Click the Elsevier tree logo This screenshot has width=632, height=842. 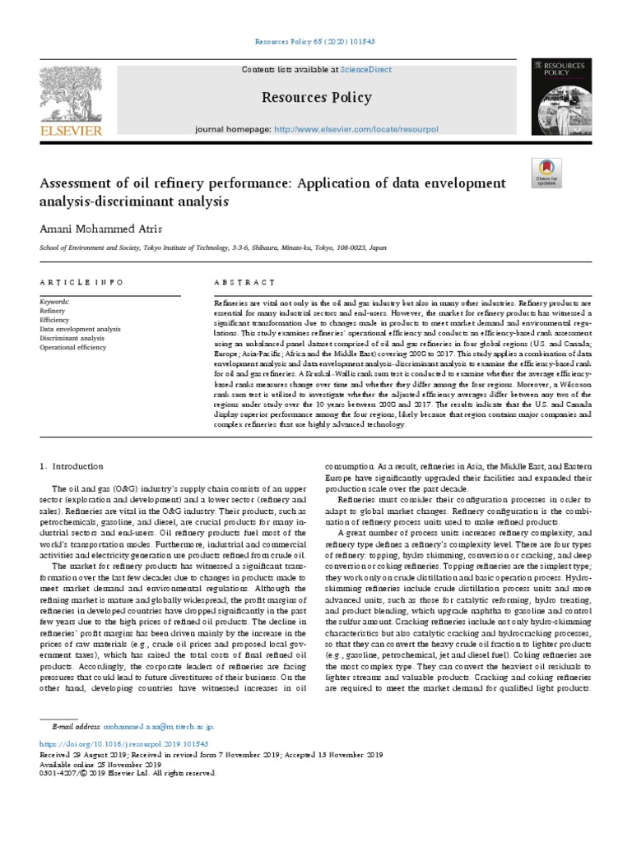point(71,92)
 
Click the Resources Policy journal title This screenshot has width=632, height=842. point(316,98)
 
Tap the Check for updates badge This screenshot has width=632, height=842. point(546,171)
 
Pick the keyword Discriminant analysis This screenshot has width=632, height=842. point(72,338)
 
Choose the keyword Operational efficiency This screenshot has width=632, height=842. point(73,347)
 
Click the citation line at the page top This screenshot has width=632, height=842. point(316,40)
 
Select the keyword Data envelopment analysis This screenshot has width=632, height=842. point(80,329)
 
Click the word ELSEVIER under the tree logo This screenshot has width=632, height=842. point(72,130)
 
